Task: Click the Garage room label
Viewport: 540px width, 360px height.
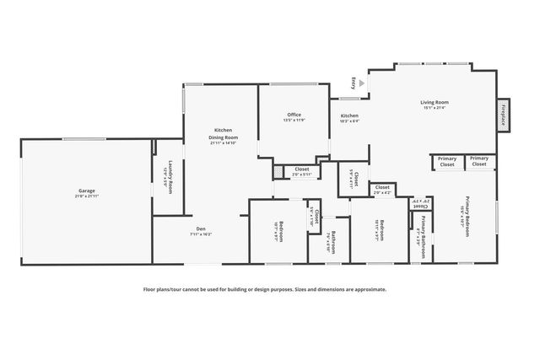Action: (86, 191)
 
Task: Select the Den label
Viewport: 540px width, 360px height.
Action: (202, 228)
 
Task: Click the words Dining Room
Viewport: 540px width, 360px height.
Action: (224, 137)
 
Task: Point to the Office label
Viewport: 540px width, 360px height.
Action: (294, 115)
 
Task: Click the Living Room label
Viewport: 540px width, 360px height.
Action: (434, 103)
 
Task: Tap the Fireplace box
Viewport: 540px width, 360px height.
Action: (503, 114)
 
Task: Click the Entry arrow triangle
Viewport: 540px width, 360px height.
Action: (362, 83)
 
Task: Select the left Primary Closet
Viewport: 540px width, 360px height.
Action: (447, 162)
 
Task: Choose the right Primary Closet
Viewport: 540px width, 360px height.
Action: (479, 162)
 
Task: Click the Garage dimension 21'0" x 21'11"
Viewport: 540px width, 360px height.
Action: (86, 196)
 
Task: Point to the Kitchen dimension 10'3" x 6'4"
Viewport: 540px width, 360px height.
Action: (349, 121)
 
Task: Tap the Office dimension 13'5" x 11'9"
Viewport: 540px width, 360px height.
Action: (294, 121)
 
